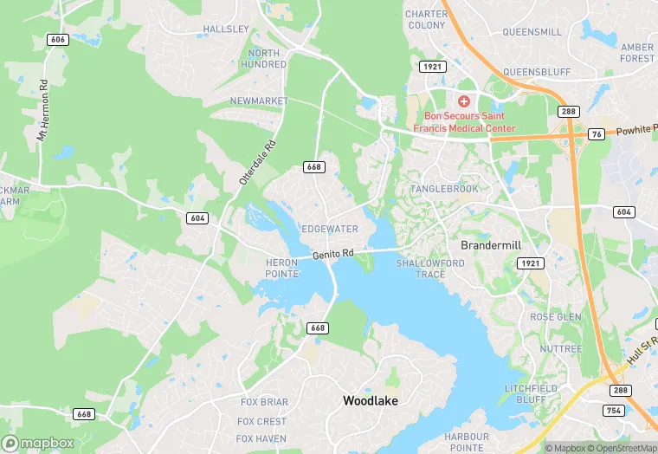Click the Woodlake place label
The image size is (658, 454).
[371, 400]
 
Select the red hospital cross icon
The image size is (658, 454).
[464, 101]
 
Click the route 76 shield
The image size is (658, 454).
[596, 133]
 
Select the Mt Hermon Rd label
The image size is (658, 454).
[41, 112]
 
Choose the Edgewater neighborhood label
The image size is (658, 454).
[329, 229]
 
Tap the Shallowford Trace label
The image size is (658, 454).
[430, 269]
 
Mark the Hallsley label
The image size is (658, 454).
[225, 29]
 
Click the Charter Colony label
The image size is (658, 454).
[426, 20]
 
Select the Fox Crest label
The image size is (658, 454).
[261, 421]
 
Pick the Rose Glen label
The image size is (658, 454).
[555, 317]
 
